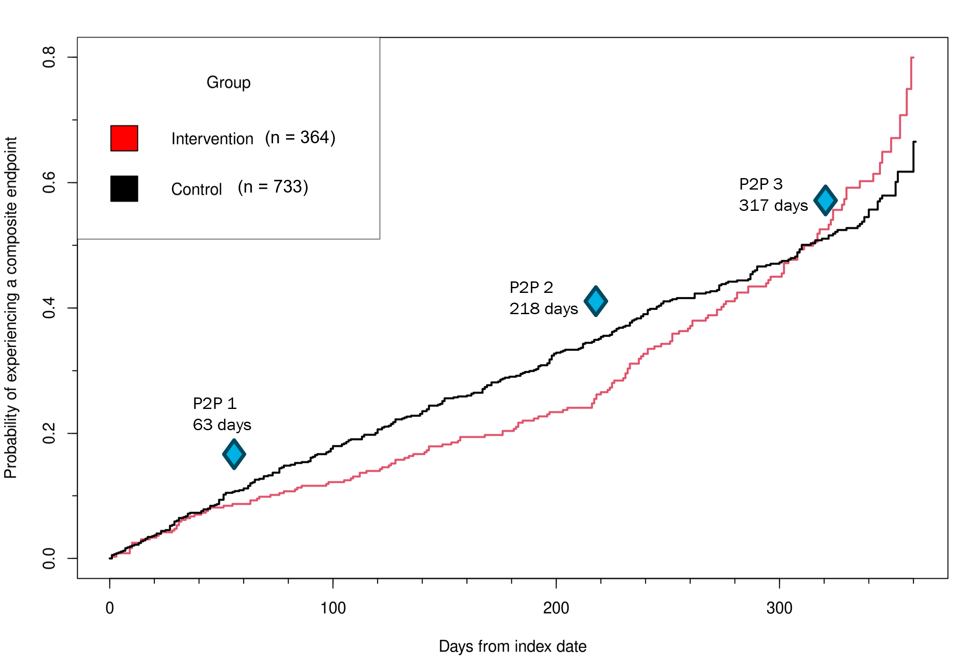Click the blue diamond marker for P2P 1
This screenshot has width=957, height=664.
pos(234,454)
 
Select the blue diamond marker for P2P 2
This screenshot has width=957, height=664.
pos(595,301)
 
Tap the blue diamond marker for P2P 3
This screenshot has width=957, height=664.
pos(825,200)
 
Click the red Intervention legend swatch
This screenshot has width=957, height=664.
pos(124,138)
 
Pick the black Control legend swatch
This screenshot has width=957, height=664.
pos(124,188)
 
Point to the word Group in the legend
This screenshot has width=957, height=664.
pos(228,82)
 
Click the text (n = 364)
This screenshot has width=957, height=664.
pos(300,138)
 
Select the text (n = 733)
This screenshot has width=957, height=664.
pos(273,187)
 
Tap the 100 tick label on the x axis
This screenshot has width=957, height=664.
pos(333,608)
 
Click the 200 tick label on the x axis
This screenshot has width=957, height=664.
pos(556,608)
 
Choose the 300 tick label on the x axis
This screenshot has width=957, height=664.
pos(779,608)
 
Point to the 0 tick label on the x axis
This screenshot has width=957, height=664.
pos(110,608)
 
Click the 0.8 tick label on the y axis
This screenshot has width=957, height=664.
pos(49,57)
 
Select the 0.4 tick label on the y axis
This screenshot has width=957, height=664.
pos(49,308)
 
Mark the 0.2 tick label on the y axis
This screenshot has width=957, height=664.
pos(49,433)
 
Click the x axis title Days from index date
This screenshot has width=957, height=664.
pos(513,647)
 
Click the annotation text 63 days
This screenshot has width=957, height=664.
pos(222,425)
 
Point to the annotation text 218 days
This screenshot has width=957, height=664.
pos(544,309)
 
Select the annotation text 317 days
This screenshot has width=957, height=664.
pos(773,206)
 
